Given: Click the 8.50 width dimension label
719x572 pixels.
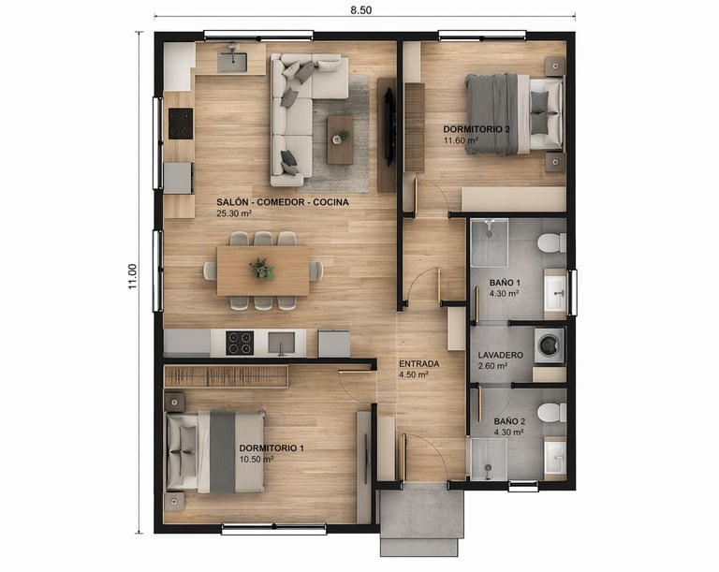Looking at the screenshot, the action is [360, 9].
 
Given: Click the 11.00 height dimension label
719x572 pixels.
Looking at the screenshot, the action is [133, 276].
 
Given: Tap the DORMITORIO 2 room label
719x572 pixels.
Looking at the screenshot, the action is [476, 129].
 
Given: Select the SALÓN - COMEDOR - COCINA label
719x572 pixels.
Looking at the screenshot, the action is [283, 202].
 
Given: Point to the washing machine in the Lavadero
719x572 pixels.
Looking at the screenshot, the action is [550, 345].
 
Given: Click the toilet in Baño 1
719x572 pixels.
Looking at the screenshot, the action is [552, 242].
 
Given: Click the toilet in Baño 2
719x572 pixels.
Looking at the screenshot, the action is [552, 413].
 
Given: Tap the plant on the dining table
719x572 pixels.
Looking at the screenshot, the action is [262, 269].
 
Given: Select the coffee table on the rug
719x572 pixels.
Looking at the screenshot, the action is [340, 139].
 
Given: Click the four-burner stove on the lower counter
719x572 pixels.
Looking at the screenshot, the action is [240, 343].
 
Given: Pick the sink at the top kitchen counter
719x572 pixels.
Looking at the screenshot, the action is [232, 62].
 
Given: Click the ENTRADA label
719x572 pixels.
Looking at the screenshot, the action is [418, 364].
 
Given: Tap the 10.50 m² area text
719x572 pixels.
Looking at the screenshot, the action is [257, 459].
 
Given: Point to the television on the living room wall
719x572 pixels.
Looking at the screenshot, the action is [389, 127].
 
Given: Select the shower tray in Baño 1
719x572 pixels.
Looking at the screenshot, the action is [490, 242].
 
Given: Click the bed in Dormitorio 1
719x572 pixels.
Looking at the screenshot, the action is [215, 452].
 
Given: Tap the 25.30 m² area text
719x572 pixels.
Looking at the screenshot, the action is [234, 213].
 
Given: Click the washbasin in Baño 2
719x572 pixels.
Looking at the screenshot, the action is [555, 458].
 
